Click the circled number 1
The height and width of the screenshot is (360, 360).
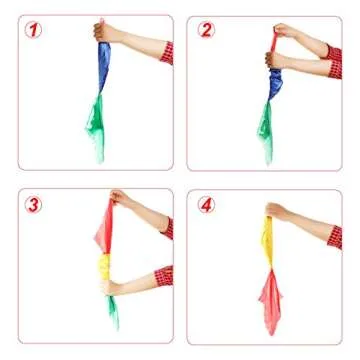[x=33, y=30]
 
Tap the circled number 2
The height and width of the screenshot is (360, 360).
[x=206, y=30]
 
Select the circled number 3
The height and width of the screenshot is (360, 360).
[x=33, y=205]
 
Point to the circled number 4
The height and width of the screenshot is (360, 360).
[x=206, y=205]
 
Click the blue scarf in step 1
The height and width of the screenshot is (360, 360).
[x=104, y=68]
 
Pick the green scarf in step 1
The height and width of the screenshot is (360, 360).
[x=96, y=127]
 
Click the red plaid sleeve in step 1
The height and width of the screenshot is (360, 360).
[x=167, y=53]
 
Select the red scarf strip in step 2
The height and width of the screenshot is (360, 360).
[x=274, y=42]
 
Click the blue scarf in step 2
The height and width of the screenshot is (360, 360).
[x=275, y=84]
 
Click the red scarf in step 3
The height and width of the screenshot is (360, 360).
[x=105, y=227]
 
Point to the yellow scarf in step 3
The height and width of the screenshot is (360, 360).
[x=104, y=267]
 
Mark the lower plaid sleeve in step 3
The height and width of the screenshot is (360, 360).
[x=164, y=276]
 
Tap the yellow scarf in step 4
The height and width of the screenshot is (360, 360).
[x=267, y=243]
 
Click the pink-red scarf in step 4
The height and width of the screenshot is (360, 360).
[x=271, y=300]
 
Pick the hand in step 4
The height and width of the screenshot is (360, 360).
[x=277, y=211]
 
